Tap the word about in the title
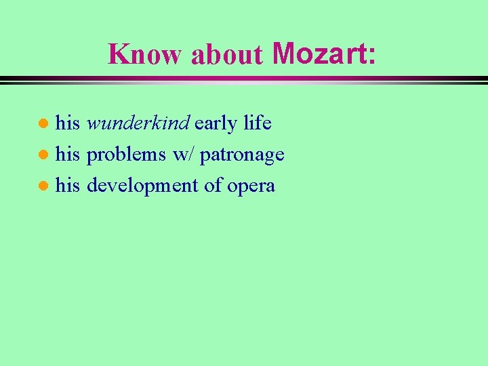pos(226,55)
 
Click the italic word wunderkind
pos(138,123)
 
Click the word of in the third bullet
pos(213,185)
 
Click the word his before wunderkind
pos(68,123)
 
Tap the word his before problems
pos(68,155)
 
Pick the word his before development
pos(68,185)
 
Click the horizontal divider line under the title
pos(244,80)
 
